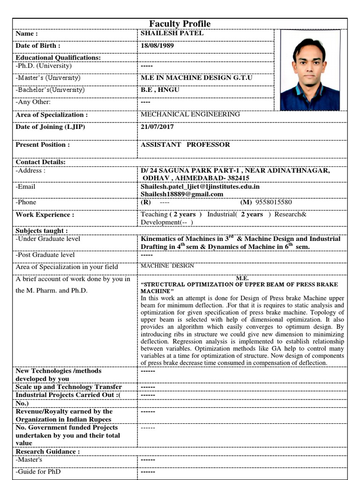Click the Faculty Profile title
(180, 24)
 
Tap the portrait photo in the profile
(310, 70)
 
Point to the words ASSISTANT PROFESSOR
(185, 145)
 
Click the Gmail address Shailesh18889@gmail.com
(182, 194)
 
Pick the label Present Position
(43, 145)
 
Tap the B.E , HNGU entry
(160, 90)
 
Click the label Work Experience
(45, 215)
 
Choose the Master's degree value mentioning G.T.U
(196, 78)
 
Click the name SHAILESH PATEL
(172, 34)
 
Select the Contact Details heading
(41, 162)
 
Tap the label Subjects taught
(42, 231)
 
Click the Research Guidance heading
(48, 451)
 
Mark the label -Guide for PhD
(38, 472)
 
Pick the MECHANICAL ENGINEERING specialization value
(190, 114)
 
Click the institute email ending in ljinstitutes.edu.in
(200, 187)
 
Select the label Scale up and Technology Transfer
(69, 387)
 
